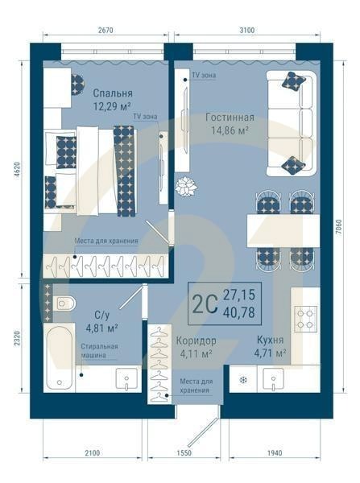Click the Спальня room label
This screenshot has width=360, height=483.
(112, 92)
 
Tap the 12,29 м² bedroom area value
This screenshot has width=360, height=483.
(112, 105)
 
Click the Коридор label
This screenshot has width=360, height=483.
(196, 340)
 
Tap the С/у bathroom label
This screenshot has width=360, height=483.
(102, 315)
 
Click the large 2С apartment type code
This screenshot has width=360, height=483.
(204, 303)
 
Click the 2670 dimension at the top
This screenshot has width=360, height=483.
(105, 30)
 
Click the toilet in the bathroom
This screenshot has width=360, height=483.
(64, 303)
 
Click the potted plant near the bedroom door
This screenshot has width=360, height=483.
(187, 185)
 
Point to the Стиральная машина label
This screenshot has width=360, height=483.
(99, 351)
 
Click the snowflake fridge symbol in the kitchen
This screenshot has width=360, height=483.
(242, 379)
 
